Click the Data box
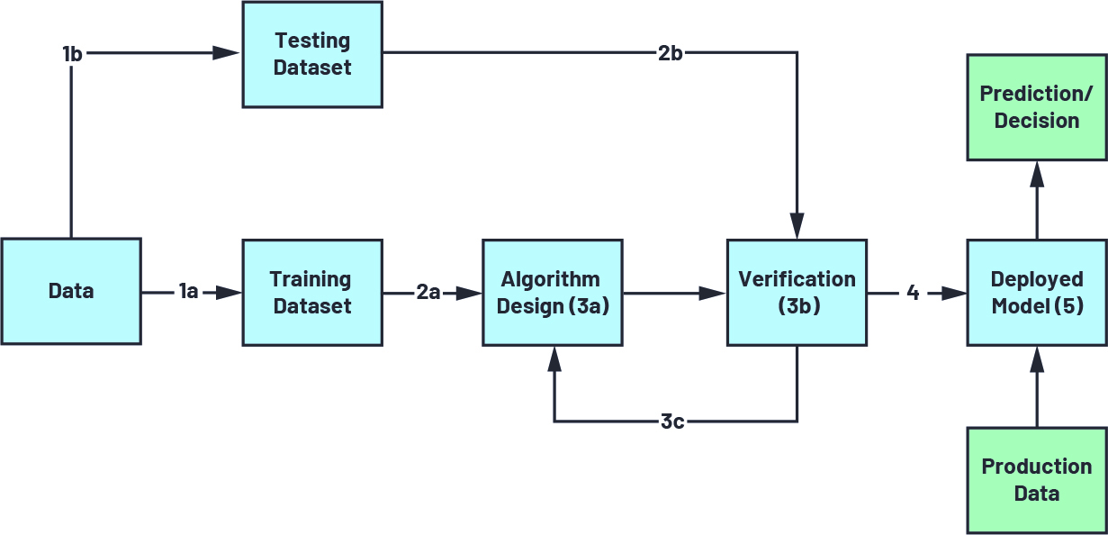70,291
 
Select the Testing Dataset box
312,54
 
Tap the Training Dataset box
312,292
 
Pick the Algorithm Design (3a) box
552,292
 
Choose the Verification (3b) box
797,292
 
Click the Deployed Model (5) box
1037,292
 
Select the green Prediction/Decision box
1037,107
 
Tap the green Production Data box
1037,480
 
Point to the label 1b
72,54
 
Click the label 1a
188,292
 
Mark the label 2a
428,292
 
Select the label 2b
670,54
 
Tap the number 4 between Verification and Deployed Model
913,292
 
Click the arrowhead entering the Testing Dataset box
227,54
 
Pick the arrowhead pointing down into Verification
797,225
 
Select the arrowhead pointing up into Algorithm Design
554,359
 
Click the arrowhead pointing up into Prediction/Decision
1037,175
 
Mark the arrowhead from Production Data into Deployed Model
1037,359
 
